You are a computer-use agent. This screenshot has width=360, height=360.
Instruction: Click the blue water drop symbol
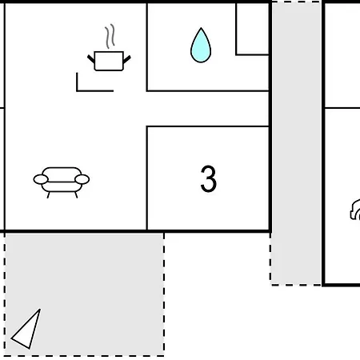pos(201,46)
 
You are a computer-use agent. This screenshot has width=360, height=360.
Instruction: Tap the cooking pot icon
pos(109,61)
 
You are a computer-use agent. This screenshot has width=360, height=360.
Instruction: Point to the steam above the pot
pos(110,36)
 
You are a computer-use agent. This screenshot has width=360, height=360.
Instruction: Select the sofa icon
pos(62,182)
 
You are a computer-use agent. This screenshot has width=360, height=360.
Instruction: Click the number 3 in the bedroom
pos(209,178)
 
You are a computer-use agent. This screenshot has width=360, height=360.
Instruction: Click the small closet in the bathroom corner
pos(252,29)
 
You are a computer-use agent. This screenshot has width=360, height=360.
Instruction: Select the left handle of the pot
pos(91,59)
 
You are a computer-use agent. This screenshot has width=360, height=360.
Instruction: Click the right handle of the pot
pos(127,59)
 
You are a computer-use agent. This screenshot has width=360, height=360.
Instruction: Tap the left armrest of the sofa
pos(41,179)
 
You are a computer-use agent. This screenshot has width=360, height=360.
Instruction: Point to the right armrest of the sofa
pos(82,179)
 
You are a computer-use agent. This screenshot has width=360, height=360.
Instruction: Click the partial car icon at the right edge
pos(355,210)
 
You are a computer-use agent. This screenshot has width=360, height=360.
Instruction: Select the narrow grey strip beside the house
pos(296,143)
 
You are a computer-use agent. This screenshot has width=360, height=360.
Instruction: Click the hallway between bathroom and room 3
pos(207,109)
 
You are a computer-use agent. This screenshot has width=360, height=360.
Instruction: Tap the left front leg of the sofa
pos(48,195)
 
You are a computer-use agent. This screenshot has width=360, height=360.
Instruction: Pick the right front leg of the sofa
pos(76,195)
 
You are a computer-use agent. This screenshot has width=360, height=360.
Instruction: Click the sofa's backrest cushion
pos(62,174)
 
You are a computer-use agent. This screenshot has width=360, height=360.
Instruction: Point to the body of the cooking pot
pos(109,61)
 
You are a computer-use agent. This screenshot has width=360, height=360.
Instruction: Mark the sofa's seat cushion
pos(62,187)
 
